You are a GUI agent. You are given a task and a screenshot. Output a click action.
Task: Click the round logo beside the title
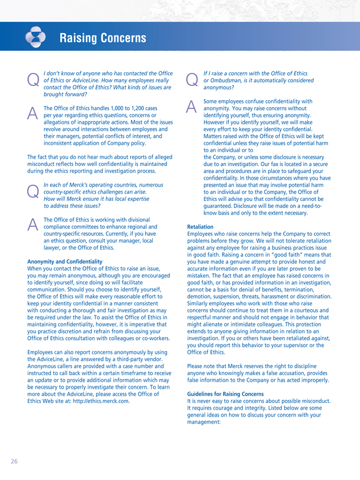point(37,37)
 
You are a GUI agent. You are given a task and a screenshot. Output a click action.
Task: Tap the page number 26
point(12,460)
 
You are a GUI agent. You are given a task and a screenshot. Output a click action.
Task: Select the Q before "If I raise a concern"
point(192,78)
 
